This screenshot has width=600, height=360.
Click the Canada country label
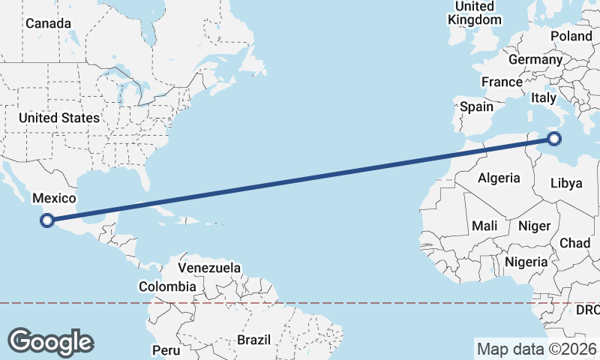click(48, 23)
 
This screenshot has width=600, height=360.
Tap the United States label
click(59, 118)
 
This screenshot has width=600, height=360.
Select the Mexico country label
click(54, 198)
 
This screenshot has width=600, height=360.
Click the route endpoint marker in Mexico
click(47, 220)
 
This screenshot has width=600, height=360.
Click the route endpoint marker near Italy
click(554, 138)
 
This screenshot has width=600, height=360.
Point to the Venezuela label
click(209, 268)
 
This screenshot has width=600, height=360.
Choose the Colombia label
click(167, 286)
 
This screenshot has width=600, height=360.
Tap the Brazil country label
click(253, 340)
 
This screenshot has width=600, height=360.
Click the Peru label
click(166, 349)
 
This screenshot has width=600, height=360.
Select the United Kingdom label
click(474, 13)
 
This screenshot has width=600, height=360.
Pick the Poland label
click(571, 36)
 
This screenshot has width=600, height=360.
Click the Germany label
click(535, 59)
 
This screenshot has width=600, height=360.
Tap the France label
click(502, 82)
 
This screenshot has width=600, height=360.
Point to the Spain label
click(476, 106)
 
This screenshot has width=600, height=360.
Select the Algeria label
click(499, 178)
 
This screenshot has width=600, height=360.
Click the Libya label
click(565, 183)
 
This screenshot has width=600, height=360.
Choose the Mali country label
click(484, 225)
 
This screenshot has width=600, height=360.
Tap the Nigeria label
click(525, 262)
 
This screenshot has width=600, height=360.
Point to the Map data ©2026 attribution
click(536, 349)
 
